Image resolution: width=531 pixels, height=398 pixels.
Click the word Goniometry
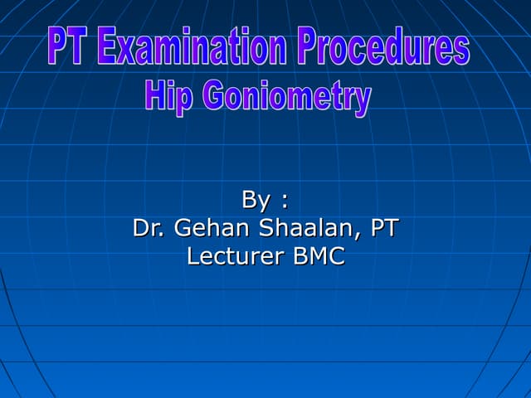pyautogui.click(x=287, y=98)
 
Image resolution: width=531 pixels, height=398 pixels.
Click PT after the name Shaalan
pyautogui.click(x=383, y=228)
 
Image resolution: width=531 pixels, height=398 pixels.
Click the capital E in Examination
pyautogui.click(x=105, y=47)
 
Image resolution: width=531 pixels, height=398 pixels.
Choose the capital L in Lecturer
pyautogui.click(x=193, y=256)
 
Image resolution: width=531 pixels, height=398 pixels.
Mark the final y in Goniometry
pyautogui.click(x=362, y=101)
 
